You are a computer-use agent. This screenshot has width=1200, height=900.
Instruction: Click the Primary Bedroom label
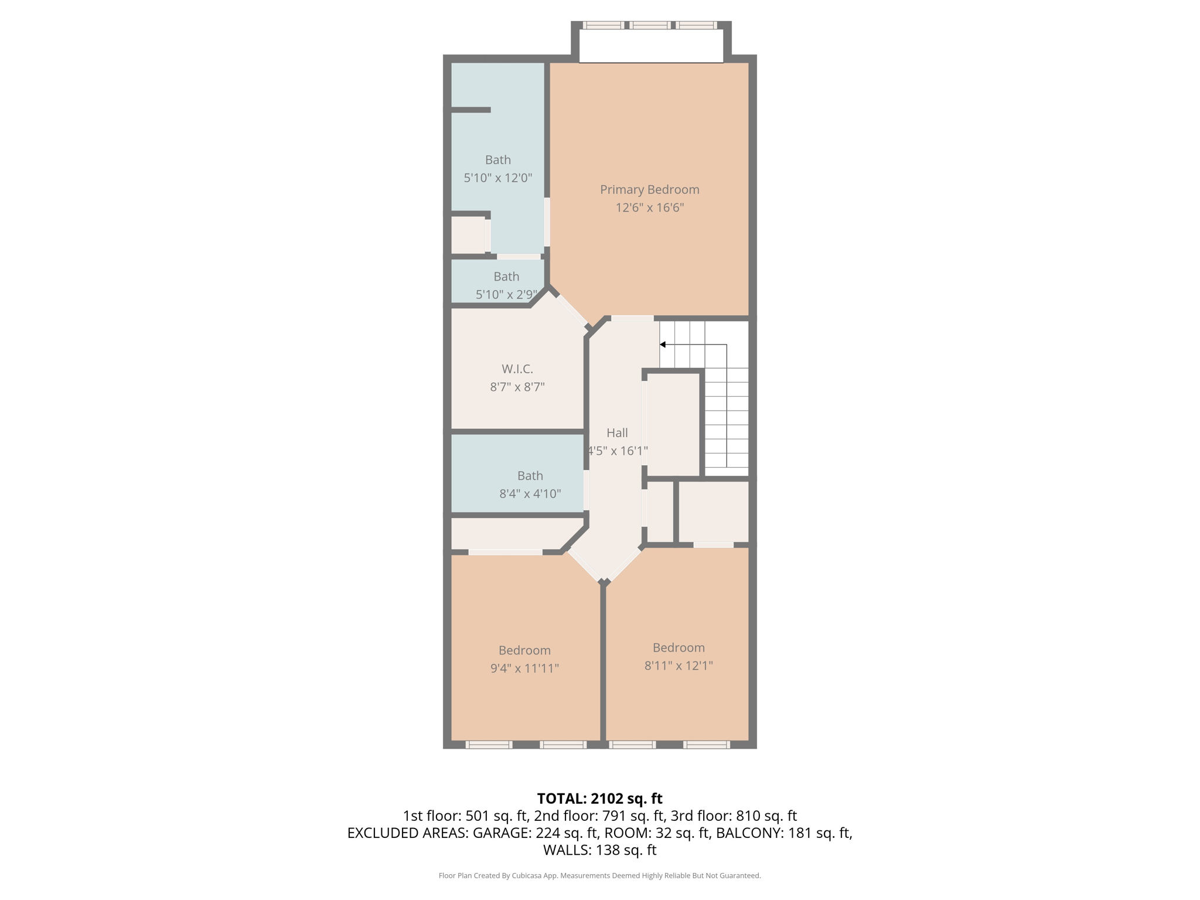[x=649, y=189]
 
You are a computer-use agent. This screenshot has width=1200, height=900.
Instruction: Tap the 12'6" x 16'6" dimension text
[x=649, y=207]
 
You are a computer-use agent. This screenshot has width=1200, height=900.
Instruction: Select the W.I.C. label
[x=517, y=369]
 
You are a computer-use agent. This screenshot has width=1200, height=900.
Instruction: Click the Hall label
[x=617, y=433]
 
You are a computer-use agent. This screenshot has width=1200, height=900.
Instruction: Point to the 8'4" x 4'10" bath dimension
[x=530, y=494]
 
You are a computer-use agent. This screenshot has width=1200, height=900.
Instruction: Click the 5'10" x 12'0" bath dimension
[x=497, y=178]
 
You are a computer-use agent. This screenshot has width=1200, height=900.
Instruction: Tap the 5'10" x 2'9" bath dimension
[x=506, y=295]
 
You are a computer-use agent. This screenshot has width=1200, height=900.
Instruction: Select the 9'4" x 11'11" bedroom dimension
[x=524, y=669]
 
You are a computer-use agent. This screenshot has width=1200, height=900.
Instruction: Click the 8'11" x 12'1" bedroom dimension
[x=679, y=666]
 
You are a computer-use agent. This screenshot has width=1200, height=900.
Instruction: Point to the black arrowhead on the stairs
[x=663, y=345]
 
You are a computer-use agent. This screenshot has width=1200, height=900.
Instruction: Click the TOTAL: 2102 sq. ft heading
[x=599, y=799]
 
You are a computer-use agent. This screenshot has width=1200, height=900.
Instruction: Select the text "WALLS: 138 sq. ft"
[x=599, y=850]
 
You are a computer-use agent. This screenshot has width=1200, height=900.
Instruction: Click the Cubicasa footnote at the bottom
[x=599, y=875]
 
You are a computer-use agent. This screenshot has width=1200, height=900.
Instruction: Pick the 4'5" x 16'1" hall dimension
[x=618, y=451]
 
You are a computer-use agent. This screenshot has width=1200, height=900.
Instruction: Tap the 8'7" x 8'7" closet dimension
[x=517, y=387]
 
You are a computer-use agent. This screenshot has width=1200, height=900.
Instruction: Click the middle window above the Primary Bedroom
[x=650, y=25]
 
